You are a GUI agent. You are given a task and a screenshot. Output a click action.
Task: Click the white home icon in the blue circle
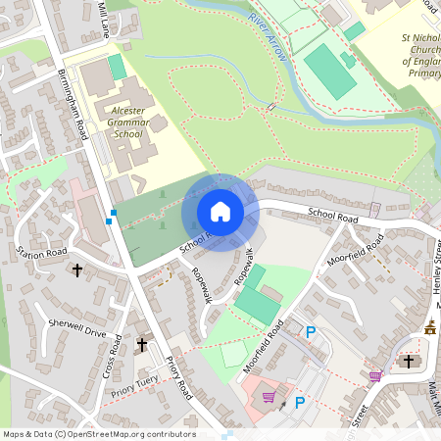point(220,212)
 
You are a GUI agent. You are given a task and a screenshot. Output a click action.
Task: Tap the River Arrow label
point(269,38)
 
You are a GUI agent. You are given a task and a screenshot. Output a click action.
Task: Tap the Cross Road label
point(113,358)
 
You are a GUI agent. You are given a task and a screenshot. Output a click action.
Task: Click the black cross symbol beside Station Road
point(77,269)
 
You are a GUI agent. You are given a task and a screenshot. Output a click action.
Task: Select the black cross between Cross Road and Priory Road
point(141,345)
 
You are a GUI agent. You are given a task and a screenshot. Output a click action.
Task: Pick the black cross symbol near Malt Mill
point(409,362)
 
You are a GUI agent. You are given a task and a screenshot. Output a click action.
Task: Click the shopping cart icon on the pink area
point(269,398)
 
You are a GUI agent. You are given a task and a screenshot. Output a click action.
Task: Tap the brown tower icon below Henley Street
point(430,327)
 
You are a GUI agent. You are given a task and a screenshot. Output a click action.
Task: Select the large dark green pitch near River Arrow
point(330,71)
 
